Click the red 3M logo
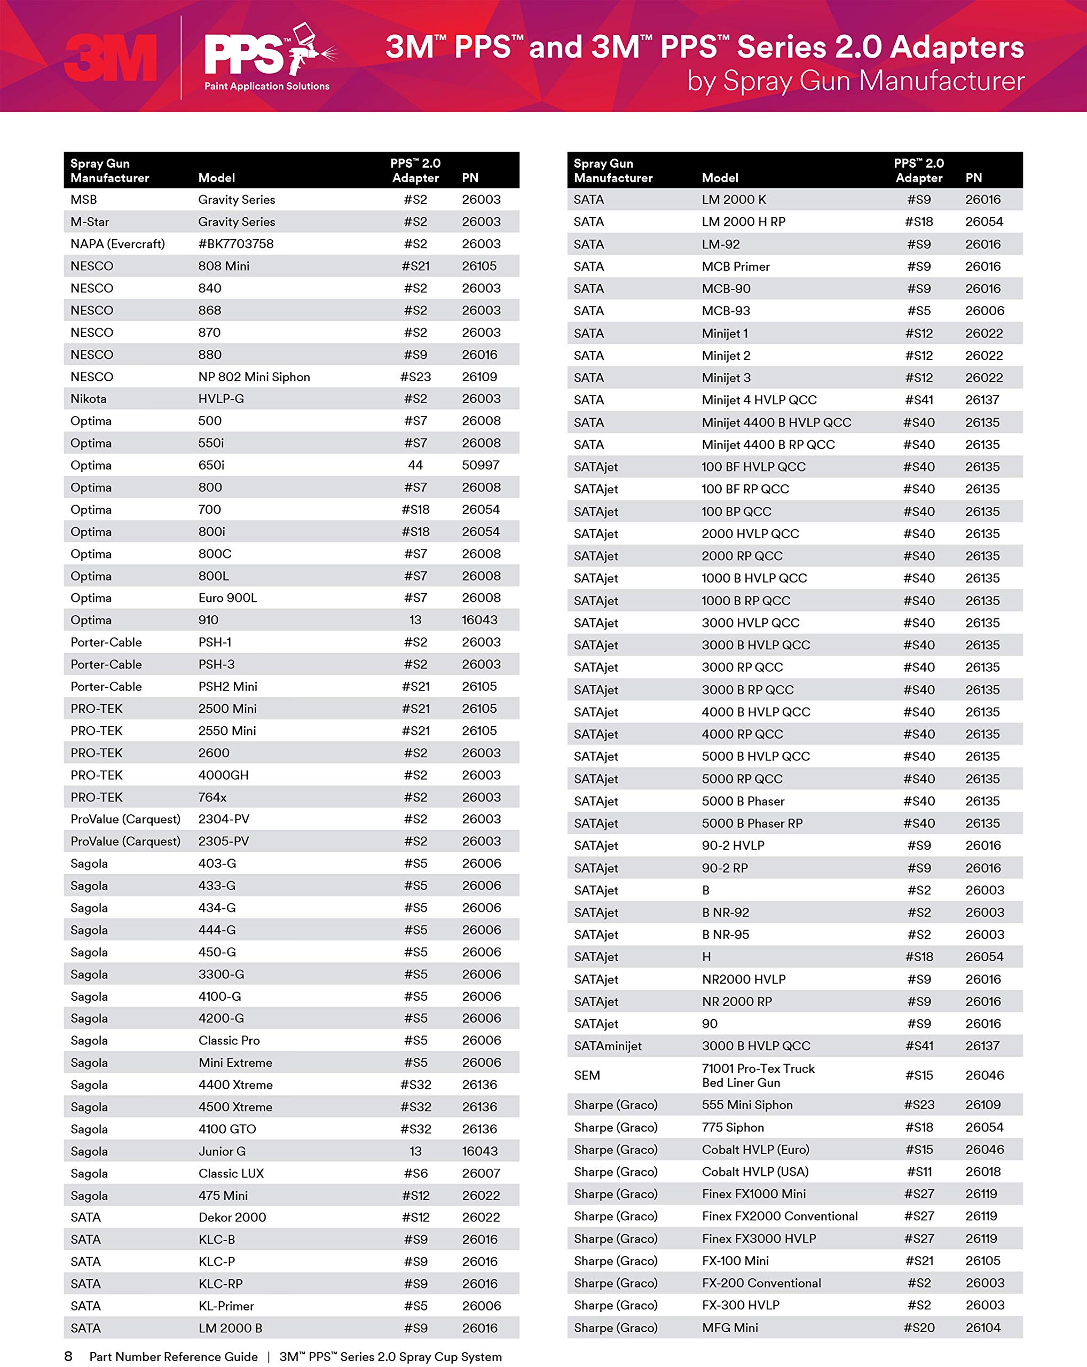click(111, 58)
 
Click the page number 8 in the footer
click(68, 1356)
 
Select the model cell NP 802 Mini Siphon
click(254, 376)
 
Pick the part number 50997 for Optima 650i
click(481, 465)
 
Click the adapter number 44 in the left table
click(415, 465)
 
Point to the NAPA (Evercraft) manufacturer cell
click(118, 243)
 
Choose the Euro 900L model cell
click(227, 598)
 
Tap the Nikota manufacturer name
click(89, 399)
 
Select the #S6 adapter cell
click(416, 1173)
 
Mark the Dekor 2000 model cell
click(232, 1217)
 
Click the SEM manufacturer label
click(587, 1075)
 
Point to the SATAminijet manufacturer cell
click(608, 1046)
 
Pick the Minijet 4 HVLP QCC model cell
click(759, 399)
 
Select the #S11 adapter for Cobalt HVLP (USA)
click(919, 1171)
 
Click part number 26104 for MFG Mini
click(983, 1327)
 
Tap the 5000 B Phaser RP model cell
click(752, 823)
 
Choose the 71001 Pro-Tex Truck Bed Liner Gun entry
click(758, 1075)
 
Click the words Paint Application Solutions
click(267, 86)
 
